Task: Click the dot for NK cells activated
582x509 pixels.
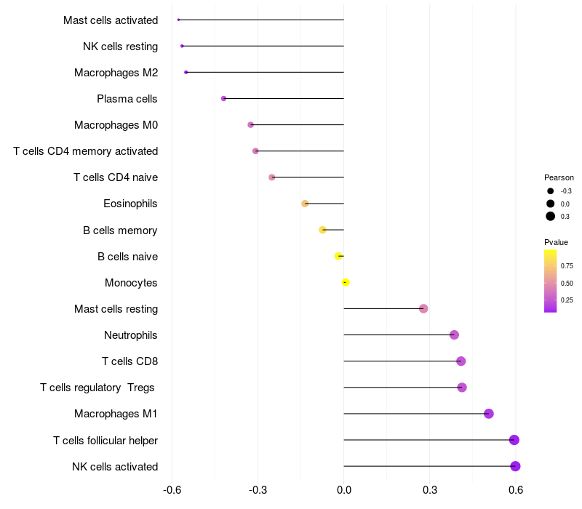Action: (515, 466)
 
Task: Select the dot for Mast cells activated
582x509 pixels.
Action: (178, 20)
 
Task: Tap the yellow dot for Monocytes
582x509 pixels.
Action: (346, 282)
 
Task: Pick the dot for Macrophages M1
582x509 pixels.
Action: (489, 414)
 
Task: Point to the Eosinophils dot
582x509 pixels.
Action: (305, 204)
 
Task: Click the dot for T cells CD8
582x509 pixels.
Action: (461, 361)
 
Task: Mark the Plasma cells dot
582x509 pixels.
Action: (223, 98)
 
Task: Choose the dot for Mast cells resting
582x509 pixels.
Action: (423, 308)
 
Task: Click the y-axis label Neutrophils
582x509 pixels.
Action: (131, 335)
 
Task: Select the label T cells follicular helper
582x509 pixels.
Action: (105, 440)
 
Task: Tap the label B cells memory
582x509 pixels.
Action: (120, 231)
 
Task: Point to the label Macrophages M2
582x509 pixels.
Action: (116, 73)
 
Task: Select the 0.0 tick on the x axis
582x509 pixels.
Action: (343, 491)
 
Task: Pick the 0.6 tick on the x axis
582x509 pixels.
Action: (516, 491)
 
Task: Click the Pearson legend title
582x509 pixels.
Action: (559, 177)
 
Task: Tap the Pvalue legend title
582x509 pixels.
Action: (556, 242)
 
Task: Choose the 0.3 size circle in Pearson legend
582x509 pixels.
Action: (551, 216)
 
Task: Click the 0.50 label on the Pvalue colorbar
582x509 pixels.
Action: (567, 283)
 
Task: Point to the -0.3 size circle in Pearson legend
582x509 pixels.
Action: (551, 191)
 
